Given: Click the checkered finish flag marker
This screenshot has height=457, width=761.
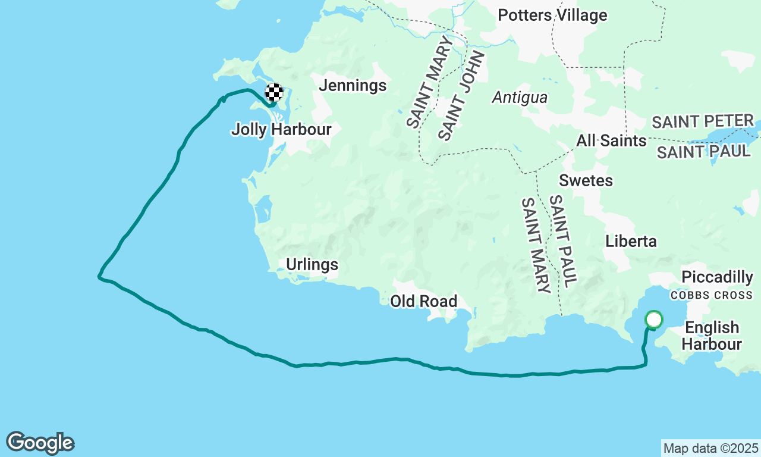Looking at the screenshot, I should click(x=274, y=93).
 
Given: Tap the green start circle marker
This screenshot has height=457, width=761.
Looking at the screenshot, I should click(x=654, y=320).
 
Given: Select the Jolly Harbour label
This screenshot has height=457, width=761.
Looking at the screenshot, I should click(x=281, y=129).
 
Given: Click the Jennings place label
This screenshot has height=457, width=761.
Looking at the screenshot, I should click(x=353, y=86).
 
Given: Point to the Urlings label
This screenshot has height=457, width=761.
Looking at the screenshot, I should click(x=312, y=265).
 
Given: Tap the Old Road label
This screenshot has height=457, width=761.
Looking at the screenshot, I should click(x=423, y=302).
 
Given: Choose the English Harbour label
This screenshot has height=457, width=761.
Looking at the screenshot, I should click(x=712, y=336).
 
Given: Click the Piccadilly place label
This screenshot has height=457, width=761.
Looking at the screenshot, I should click(x=717, y=277).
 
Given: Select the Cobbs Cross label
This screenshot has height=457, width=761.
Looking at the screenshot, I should click(x=712, y=295).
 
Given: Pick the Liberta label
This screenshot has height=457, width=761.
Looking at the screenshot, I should click(x=631, y=241).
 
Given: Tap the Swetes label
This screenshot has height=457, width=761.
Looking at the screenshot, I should click(x=586, y=180).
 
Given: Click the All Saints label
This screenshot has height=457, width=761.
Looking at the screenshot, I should click(x=611, y=141).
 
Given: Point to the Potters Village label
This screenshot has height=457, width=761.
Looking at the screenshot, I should click(x=552, y=15).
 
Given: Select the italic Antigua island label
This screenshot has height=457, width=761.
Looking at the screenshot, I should click(x=520, y=97).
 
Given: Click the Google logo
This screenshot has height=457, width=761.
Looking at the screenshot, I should click(x=40, y=443).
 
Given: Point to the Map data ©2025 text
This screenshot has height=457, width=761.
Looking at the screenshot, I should click(x=710, y=448).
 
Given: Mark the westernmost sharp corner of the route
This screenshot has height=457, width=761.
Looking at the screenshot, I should click(x=99, y=276).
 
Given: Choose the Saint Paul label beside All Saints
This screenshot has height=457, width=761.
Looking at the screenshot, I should click(x=703, y=152).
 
